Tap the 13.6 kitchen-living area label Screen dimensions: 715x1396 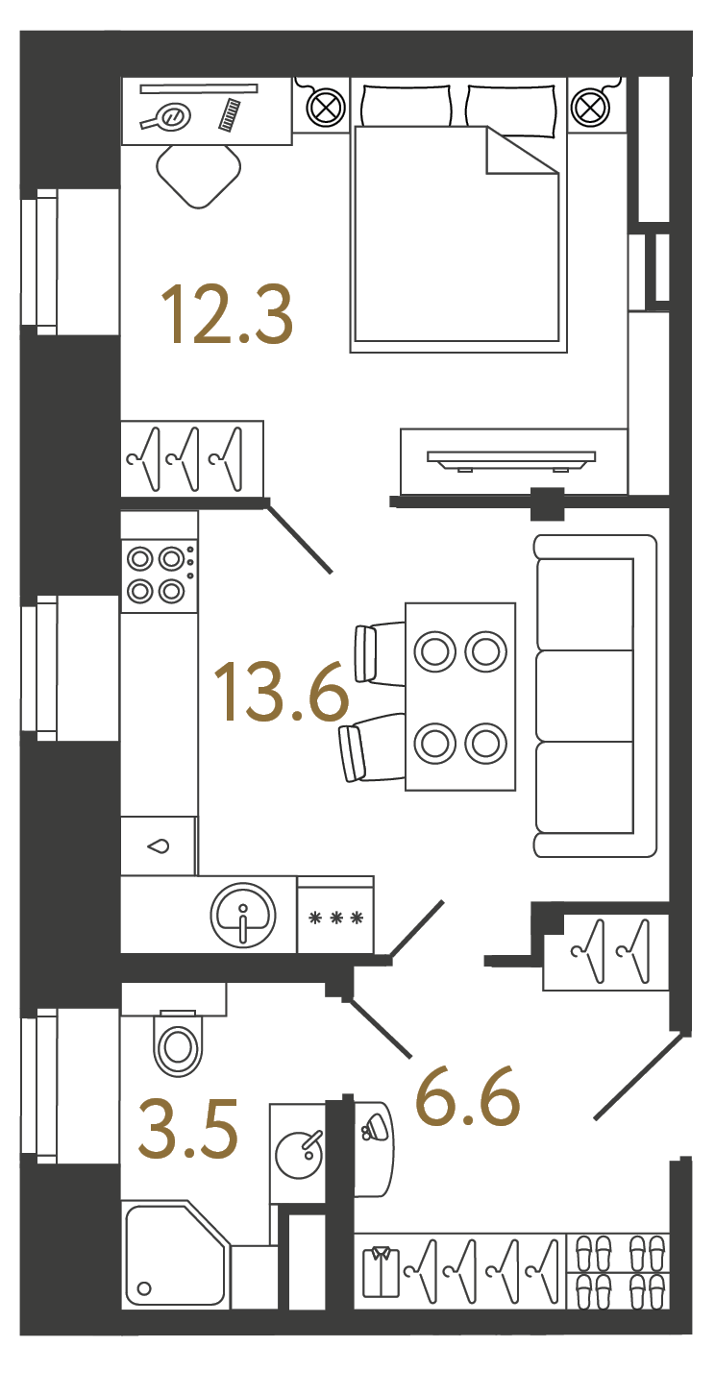click(x=282, y=692)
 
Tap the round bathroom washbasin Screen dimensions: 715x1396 click(x=299, y=1154)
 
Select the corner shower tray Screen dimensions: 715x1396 click(x=177, y=1256)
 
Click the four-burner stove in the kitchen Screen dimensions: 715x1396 click(x=160, y=575)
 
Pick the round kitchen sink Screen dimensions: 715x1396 click(x=242, y=915)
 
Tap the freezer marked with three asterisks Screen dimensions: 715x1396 click(x=335, y=915)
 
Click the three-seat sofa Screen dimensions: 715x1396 click(x=595, y=695)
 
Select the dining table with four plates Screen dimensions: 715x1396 click(x=460, y=697)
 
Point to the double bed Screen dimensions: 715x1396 click(x=458, y=215)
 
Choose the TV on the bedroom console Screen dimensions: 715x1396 click(x=511, y=460)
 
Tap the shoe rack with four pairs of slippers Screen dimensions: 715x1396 click(x=618, y=1271)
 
